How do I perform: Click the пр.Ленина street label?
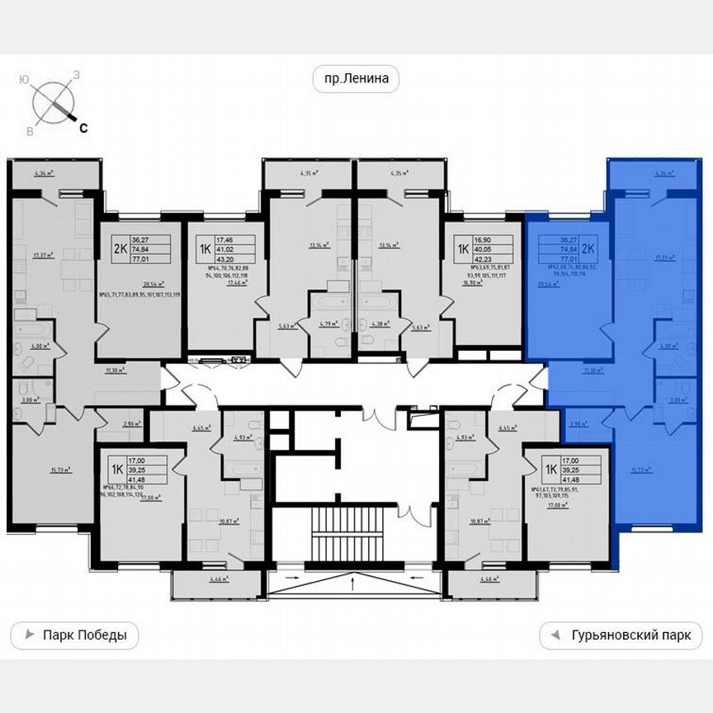coord(356,79)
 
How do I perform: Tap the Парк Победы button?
coord(74,635)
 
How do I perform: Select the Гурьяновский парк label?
coord(621,636)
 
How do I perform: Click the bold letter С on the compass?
coord(83,127)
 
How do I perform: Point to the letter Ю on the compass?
coord(26,79)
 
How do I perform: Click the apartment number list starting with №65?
coord(138,294)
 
